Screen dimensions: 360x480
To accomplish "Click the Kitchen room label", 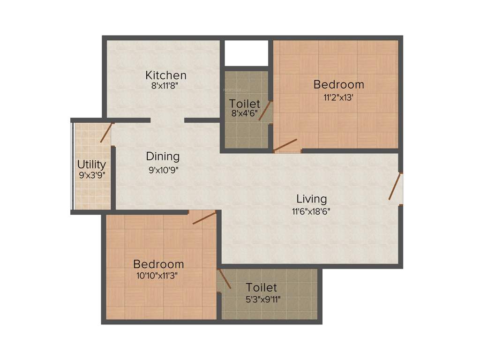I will [166, 75].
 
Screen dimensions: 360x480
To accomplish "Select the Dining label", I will [163, 156].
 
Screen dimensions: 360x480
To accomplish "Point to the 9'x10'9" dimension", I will [163, 170].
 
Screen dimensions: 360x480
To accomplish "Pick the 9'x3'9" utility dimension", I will [91, 177].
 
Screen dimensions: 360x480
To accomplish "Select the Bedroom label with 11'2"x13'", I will [338, 85].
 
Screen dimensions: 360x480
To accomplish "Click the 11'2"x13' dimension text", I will [338, 98].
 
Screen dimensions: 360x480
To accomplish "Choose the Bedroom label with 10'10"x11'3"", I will [158, 264].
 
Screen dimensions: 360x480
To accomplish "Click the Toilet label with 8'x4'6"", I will [244, 104].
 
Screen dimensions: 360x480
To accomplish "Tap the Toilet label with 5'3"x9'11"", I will [262, 287].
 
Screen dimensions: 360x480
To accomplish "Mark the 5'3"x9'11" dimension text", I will [262, 299].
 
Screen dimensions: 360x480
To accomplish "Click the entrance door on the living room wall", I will [395, 187].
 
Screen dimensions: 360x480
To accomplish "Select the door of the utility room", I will [106, 133].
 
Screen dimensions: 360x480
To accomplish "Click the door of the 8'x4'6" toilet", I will [265, 111].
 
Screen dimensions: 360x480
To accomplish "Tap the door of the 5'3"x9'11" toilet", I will [225, 279].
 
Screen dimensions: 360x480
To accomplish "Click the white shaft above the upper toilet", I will [246, 53].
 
